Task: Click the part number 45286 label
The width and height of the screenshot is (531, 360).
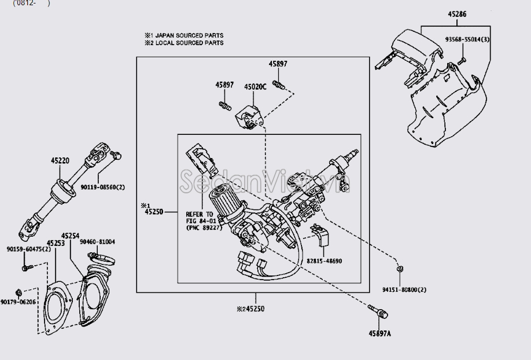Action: tap(457, 14)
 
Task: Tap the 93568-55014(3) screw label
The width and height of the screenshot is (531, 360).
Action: tap(467, 39)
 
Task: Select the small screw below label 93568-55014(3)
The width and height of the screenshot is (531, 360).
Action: tap(462, 61)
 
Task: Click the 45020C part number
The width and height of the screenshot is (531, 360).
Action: tap(255, 87)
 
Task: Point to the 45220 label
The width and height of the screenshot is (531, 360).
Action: tap(60, 161)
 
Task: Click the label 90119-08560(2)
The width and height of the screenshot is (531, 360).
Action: tap(102, 187)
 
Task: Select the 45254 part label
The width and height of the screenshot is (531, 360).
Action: tap(71, 236)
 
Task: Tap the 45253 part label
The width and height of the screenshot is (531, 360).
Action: tap(56, 243)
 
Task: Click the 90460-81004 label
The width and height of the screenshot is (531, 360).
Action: tap(97, 242)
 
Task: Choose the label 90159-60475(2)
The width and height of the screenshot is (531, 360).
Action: tap(29, 249)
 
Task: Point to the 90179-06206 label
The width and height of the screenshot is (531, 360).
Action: tap(18, 302)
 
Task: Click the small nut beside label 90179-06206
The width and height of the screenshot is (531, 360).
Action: tap(19, 292)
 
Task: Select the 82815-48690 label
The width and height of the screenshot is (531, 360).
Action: tap(324, 261)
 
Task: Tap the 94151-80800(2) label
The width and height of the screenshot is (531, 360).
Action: tap(404, 289)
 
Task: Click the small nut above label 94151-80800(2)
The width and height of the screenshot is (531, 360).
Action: tap(400, 269)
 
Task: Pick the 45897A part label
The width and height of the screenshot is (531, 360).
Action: tap(379, 333)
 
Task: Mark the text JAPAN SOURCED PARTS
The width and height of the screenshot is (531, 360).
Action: tap(189, 35)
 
